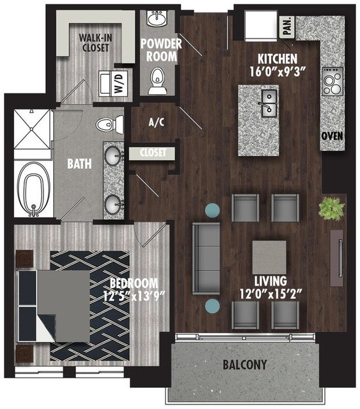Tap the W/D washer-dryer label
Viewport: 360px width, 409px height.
click(118, 83)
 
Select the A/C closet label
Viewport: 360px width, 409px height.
click(156, 122)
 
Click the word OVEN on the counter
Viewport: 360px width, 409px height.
click(332, 136)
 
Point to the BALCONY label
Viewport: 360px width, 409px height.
click(245, 364)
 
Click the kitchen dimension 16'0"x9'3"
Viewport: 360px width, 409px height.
click(278, 72)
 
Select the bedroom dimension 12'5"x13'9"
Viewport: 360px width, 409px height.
click(134, 296)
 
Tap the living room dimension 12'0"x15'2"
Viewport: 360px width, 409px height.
click(270, 294)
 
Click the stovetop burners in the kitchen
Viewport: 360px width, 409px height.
click(333, 81)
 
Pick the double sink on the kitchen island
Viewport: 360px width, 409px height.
click(269, 103)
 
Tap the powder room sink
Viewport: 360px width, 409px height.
click(157, 18)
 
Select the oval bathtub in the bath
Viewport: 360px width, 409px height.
click(34, 189)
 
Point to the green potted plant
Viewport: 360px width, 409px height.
click(331, 208)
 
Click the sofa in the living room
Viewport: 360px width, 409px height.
click(207, 258)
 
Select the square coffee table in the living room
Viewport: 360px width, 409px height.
click(269, 257)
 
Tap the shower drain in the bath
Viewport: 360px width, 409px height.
click(31, 129)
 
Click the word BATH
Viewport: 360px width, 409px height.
click(79, 164)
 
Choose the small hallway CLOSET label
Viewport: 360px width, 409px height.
click(153, 152)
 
